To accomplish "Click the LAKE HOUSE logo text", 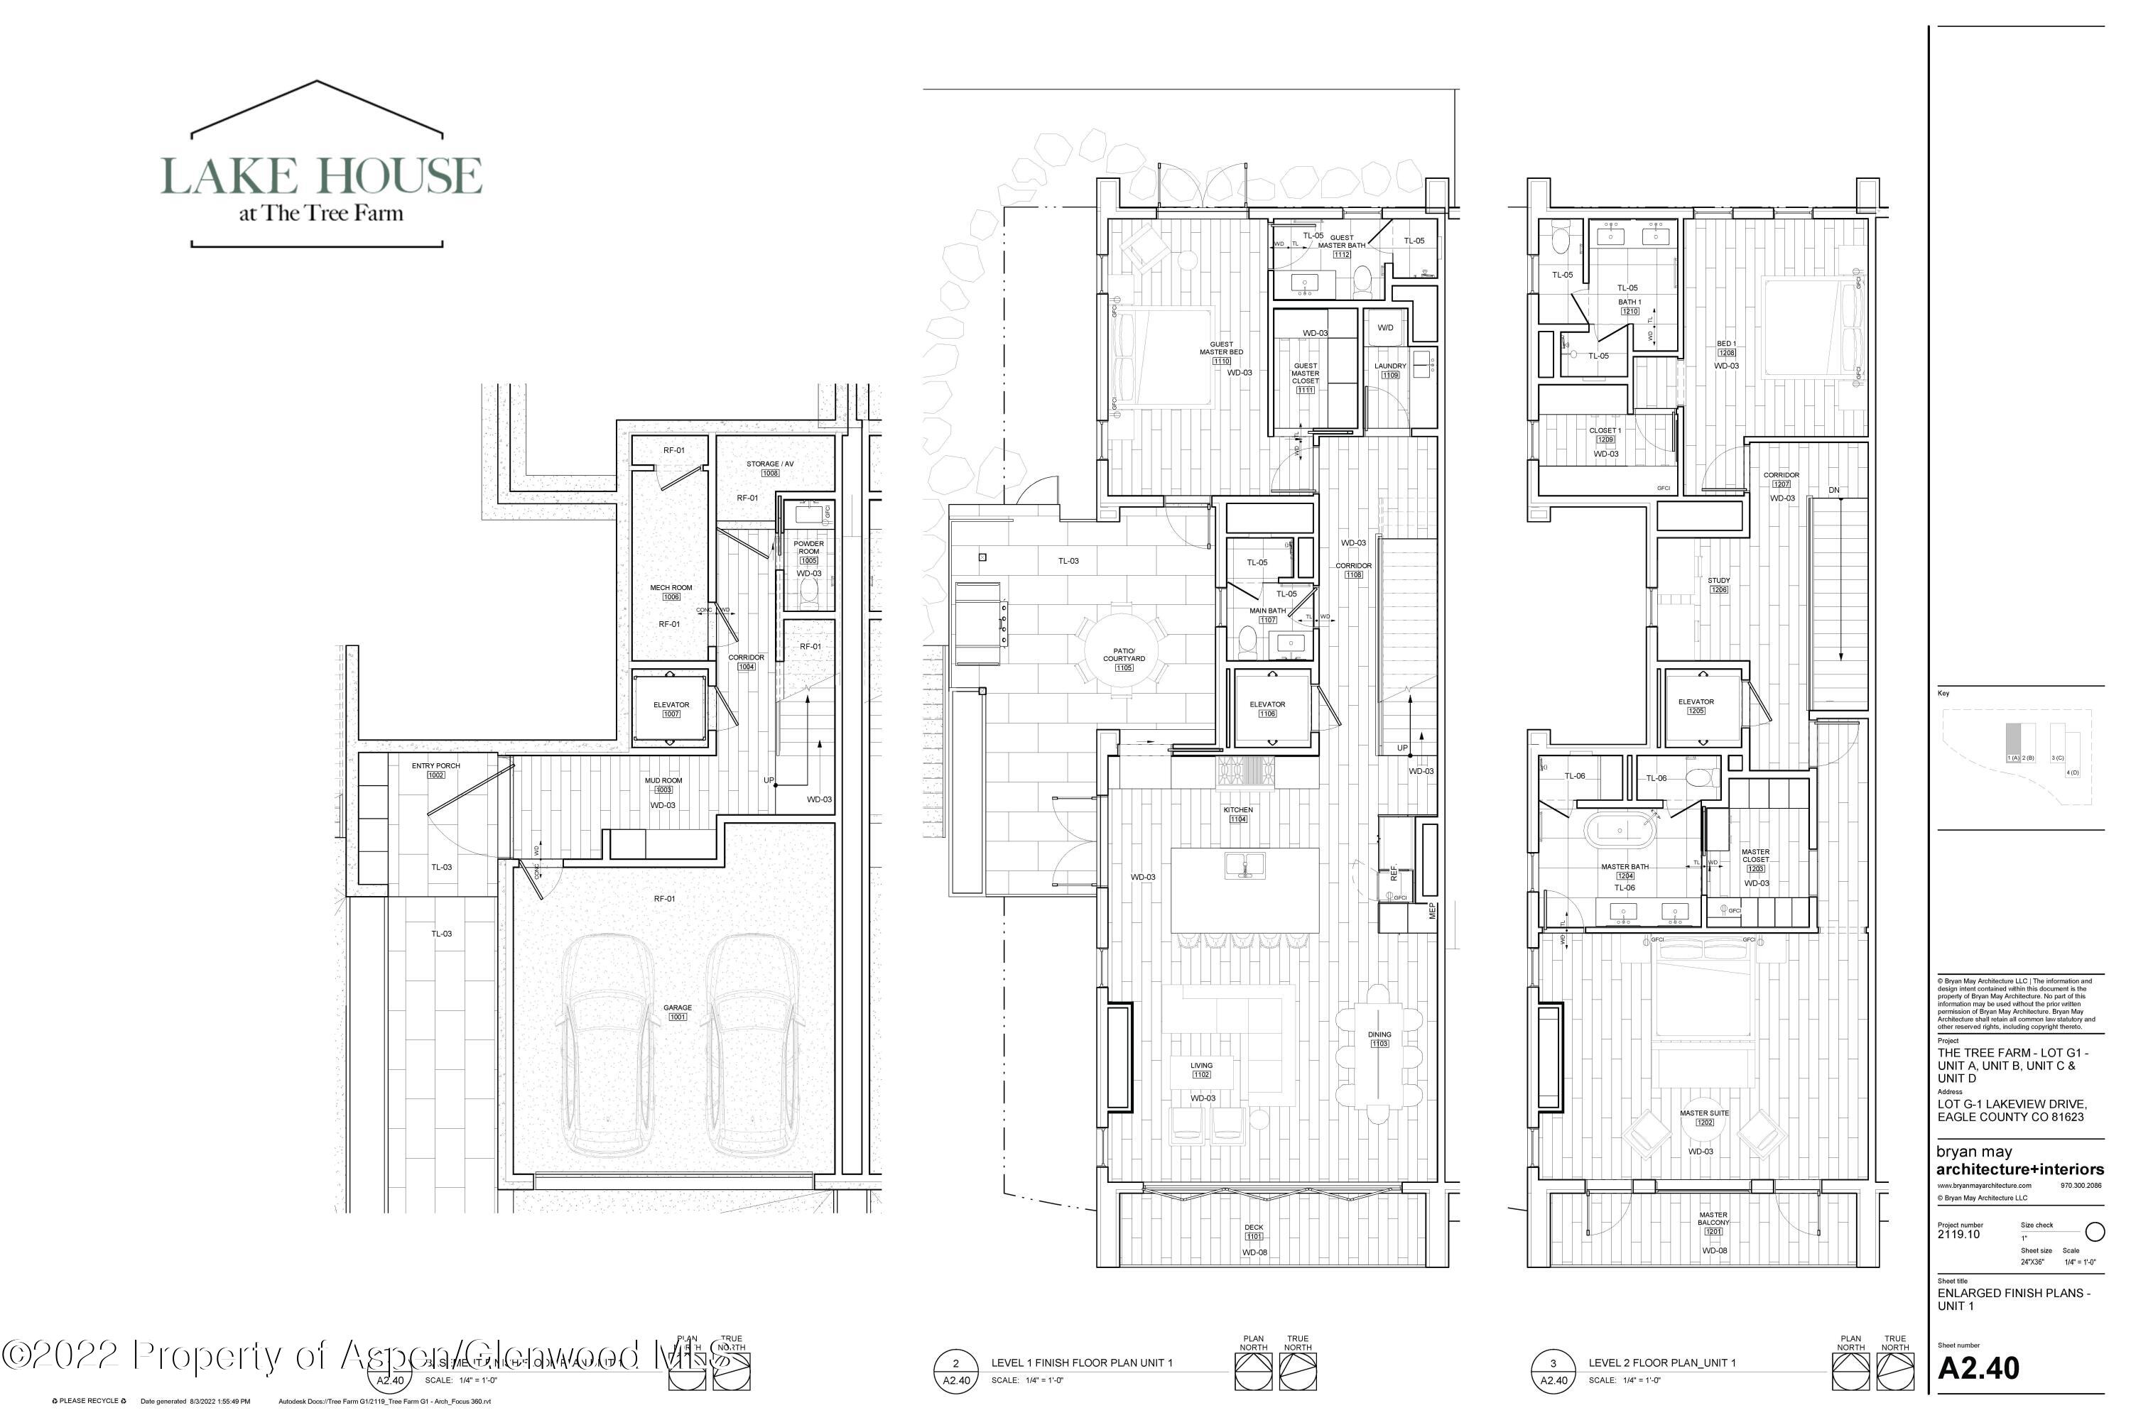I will click(322, 175).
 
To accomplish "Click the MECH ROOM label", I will click(671, 588).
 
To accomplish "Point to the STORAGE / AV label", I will click(769, 464).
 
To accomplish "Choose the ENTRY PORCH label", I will click(436, 766).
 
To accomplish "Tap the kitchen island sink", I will click(1246, 865).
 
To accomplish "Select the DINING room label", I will click(1379, 1035).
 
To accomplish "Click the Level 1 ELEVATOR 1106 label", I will click(1267, 704).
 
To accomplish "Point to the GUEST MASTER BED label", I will click(1221, 349).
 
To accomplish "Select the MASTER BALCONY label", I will click(1713, 1219).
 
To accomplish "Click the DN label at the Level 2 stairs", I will click(1834, 490).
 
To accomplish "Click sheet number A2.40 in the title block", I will click(1978, 1367).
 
